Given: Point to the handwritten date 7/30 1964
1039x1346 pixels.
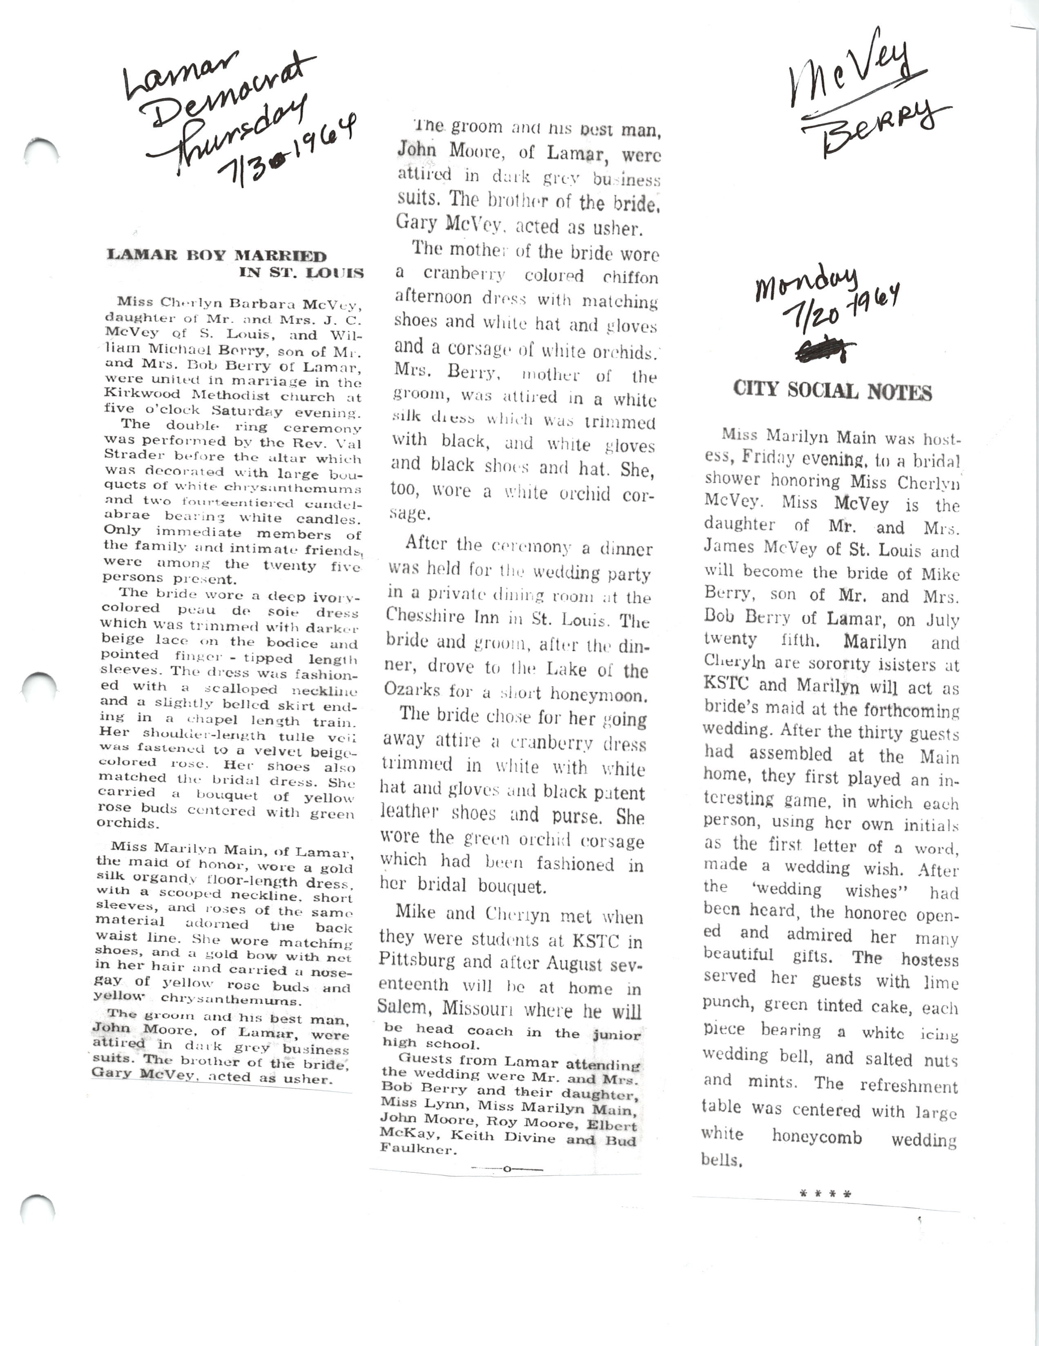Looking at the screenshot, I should coord(290,154).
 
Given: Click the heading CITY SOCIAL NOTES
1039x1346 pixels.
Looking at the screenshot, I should coord(832,391).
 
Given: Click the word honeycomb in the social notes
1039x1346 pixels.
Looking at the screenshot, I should coord(816,1137).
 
